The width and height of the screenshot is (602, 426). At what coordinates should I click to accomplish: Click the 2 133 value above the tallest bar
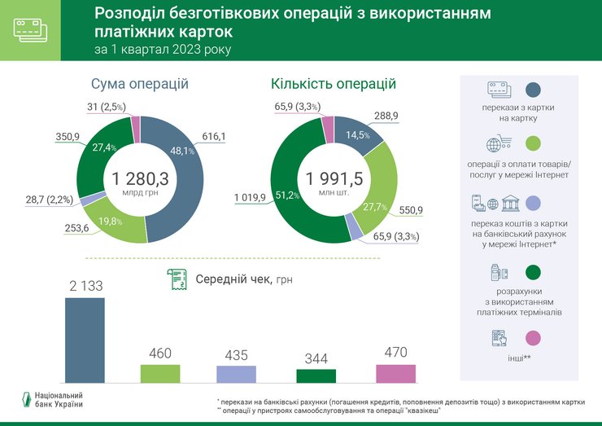point(85,285)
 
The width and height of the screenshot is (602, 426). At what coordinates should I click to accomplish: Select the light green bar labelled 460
point(160,373)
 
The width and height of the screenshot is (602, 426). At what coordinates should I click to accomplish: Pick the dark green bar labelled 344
point(316,375)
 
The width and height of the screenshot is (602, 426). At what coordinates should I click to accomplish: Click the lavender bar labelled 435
point(236,374)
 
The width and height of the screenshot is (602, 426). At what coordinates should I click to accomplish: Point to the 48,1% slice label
point(181,151)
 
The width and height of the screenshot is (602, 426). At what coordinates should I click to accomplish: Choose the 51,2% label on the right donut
point(290,195)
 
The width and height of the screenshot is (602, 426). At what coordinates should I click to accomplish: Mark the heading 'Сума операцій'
point(139,84)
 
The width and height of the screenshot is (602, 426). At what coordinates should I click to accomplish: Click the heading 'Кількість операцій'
point(334,83)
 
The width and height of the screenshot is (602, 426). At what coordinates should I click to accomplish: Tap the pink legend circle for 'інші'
point(534,337)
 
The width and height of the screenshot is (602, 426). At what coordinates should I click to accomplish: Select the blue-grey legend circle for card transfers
point(534,90)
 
